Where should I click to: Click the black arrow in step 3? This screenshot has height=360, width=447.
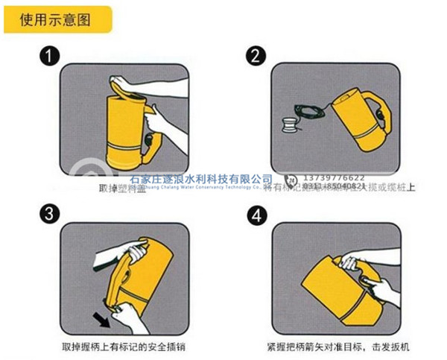tap(100, 319)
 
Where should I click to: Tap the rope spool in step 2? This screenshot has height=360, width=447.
tap(288, 124)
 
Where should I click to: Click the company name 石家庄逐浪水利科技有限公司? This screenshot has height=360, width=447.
tap(201, 179)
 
